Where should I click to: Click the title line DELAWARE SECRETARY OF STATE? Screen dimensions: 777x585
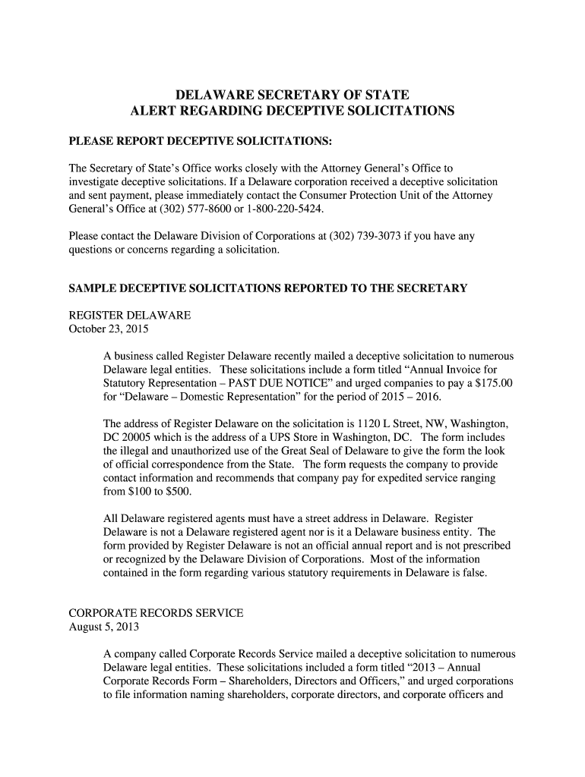292,95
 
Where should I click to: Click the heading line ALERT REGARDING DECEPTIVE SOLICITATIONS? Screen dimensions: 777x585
292,111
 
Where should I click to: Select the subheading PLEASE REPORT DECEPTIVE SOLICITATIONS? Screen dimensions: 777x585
201,142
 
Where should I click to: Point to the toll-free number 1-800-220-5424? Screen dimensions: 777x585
297,209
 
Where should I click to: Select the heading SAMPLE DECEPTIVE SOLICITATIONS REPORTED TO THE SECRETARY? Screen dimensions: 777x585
267,288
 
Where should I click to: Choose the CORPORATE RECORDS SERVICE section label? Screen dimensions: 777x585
156,613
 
